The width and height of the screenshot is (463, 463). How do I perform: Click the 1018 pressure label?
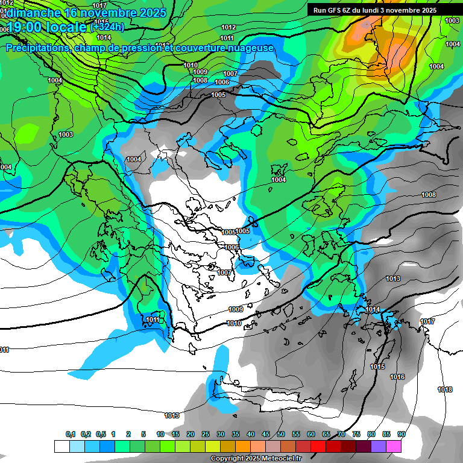point(445,390)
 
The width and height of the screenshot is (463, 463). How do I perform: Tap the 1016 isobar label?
point(397,377)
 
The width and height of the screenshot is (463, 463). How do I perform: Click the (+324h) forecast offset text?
point(107,27)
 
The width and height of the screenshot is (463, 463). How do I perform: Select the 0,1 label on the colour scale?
point(71,435)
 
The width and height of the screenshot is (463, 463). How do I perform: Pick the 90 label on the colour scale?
point(402,435)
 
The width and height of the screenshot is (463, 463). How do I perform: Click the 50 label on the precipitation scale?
point(281,435)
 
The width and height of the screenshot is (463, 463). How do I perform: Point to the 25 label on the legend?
point(206,435)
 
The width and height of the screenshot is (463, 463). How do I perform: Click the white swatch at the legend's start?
point(61,446)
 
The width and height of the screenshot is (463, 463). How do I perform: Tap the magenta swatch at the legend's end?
point(394,446)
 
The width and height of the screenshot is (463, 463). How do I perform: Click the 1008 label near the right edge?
point(429,195)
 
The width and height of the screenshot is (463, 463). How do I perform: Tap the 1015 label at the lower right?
point(377,367)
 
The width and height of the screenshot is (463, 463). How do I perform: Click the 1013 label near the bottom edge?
point(172,415)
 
